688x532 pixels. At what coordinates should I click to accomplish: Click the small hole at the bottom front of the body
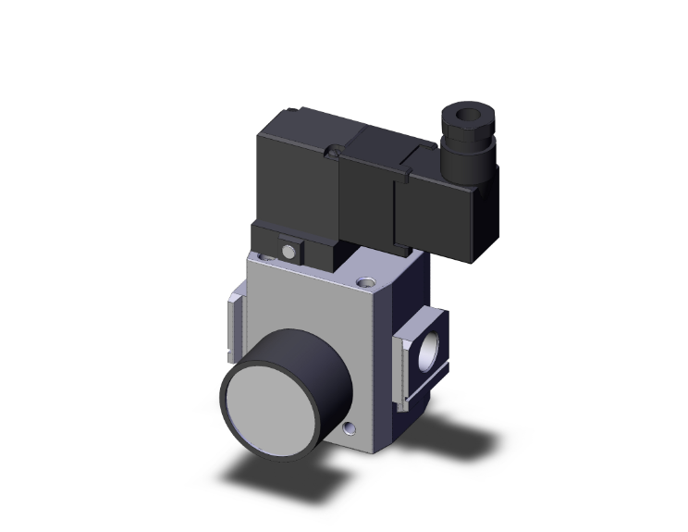(x=348, y=429)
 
